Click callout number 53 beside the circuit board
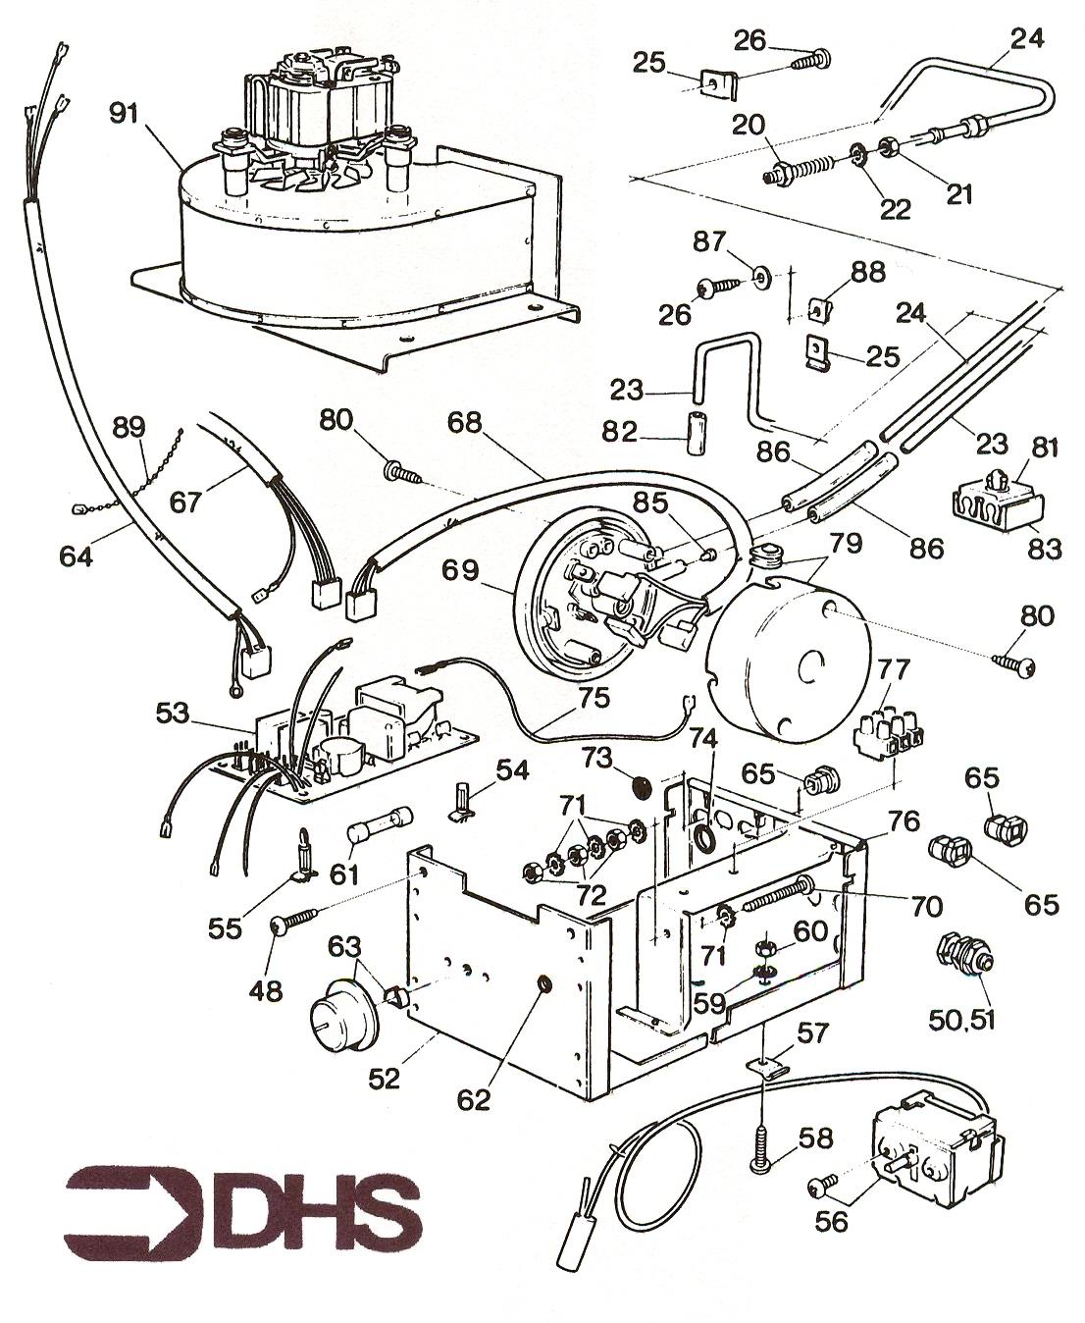click(x=173, y=712)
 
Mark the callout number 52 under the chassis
click(x=384, y=1078)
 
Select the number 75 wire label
click(x=594, y=699)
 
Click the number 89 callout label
click(x=129, y=429)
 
